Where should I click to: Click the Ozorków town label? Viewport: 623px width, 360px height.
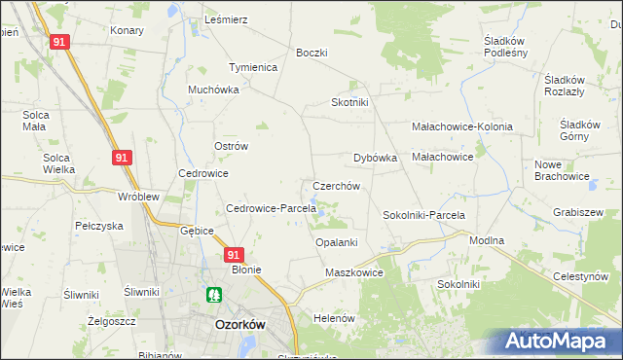tap(240, 327)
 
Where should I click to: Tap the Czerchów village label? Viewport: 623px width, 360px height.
tap(337, 186)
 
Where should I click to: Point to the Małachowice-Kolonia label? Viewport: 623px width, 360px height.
tap(461, 126)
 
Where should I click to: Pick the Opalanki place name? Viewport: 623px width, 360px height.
tap(337, 242)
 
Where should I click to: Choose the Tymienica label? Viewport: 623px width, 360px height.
tap(253, 67)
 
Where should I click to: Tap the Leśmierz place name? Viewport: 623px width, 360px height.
tap(226, 19)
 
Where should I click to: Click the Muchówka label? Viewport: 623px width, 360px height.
tap(213, 90)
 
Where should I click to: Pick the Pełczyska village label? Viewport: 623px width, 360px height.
tap(98, 226)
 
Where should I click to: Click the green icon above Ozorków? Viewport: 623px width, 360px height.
tap(212, 293)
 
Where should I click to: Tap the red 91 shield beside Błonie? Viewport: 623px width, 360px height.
tap(233, 255)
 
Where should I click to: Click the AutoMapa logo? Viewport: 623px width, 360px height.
tap(557, 342)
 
